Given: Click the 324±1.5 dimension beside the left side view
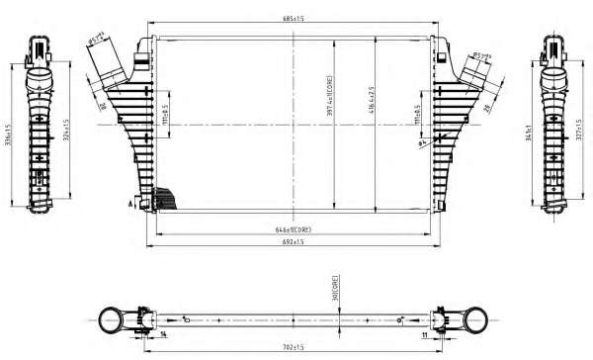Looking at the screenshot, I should click(x=67, y=130).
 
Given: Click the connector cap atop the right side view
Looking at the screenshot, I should click(x=552, y=45).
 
